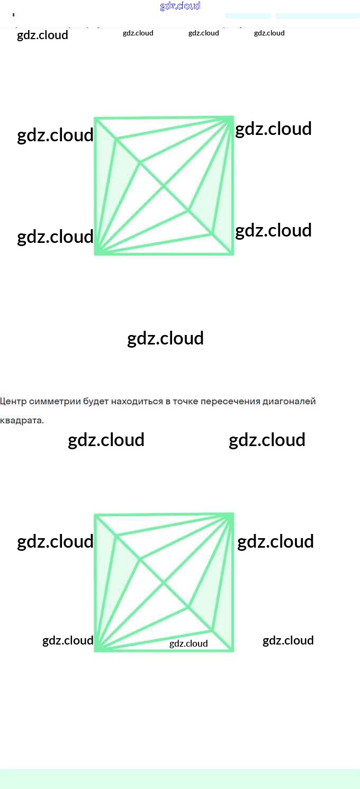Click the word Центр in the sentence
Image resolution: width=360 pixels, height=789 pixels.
coord(12,401)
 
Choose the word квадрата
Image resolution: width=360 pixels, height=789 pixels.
coord(22,421)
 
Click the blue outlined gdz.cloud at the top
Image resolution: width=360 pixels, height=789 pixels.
coord(180,6)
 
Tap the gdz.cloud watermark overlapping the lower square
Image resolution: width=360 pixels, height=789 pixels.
coord(188,643)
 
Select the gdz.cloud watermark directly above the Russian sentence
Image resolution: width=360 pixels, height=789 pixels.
coord(165,339)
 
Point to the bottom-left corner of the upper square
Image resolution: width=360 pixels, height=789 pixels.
coord(96,253)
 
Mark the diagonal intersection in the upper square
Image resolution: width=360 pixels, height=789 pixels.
coord(164,186)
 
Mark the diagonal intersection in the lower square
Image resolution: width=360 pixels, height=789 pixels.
coord(164,582)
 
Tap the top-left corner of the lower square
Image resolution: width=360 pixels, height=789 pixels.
coord(96,515)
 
